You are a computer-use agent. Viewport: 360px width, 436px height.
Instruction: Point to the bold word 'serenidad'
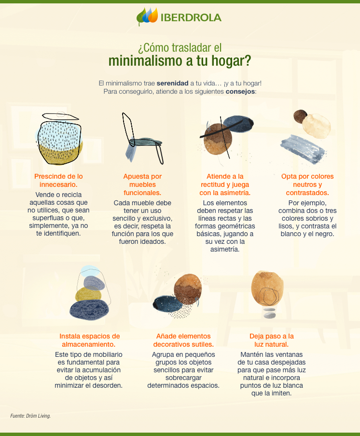pos(172,83)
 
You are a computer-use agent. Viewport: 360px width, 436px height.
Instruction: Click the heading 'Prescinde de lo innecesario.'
pos(58,181)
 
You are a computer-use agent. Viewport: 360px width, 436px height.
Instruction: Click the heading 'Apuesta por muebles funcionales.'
pos(142,184)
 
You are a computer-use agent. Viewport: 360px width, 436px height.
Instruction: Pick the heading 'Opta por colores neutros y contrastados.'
pos(307,184)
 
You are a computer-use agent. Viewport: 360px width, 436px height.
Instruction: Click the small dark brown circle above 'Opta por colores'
pos(300,116)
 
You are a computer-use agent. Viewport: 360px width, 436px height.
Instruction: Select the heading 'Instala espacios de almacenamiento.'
pos(89,340)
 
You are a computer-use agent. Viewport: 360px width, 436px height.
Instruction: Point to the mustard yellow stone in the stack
pos(88,294)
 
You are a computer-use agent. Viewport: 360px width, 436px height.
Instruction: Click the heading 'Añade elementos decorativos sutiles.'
pos(183,340)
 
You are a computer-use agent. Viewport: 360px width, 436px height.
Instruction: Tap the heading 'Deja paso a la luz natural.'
pos(271,340)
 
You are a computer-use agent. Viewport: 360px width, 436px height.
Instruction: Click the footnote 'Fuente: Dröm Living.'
pos(30,416)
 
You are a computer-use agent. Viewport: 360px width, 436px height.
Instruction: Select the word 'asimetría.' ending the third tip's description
pos(225,250)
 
